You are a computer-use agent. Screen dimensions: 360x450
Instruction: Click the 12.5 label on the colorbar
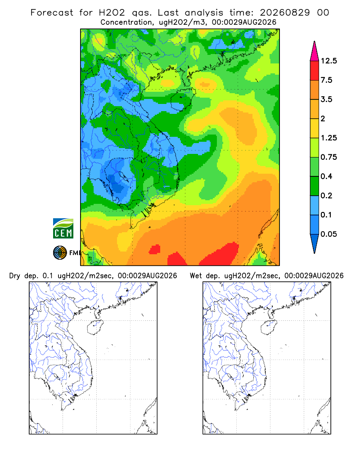328,61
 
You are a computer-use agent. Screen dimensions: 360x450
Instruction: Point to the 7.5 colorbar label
326,80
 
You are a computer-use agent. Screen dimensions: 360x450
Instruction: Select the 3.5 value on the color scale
326,99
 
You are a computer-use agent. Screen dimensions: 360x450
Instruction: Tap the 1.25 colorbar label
328,138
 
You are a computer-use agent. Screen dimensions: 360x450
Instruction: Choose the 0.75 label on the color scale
328,157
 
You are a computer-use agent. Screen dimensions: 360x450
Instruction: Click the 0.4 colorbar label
326,176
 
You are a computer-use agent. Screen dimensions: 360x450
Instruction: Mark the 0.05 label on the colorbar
328,234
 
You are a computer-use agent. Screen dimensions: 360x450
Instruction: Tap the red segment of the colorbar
315,71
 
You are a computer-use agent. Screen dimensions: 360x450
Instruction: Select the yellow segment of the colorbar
315,128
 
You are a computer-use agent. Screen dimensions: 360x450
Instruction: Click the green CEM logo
63,229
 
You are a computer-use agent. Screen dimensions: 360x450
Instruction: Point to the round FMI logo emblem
60,253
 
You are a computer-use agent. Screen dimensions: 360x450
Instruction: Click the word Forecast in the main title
52,13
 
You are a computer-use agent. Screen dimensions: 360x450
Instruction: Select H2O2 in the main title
112,13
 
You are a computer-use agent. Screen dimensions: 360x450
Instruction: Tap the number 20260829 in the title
285,13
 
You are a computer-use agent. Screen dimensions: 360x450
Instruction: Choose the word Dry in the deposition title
15,276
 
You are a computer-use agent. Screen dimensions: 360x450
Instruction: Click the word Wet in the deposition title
196,276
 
